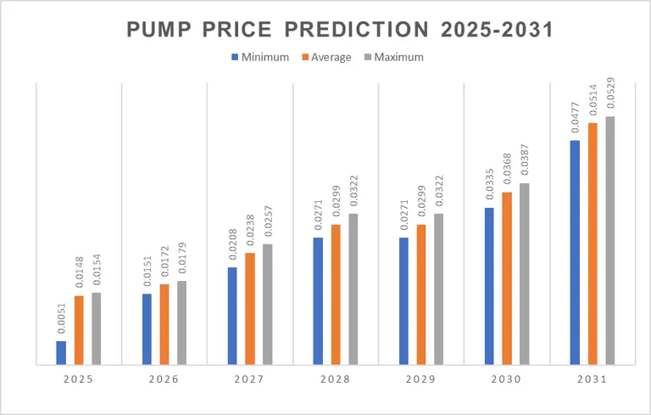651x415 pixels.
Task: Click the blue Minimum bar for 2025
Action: tap(62, 353)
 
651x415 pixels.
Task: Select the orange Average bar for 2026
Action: tap(164, 324)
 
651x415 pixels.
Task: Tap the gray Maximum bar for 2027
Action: tap(267, 305)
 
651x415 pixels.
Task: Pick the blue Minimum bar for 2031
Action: tap(576, 253)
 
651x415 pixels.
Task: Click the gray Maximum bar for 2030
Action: tap(524, 274)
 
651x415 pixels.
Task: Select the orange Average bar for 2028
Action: tap(336, 294)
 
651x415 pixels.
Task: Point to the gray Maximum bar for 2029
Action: tap(438, 289)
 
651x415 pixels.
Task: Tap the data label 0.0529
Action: tap(610, 95)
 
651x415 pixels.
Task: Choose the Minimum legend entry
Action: tap(260, 58)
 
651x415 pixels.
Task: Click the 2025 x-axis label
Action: tap(79, 379)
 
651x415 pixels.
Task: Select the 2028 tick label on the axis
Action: tap(336, 379)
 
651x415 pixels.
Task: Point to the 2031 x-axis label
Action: tap(593, 379)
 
